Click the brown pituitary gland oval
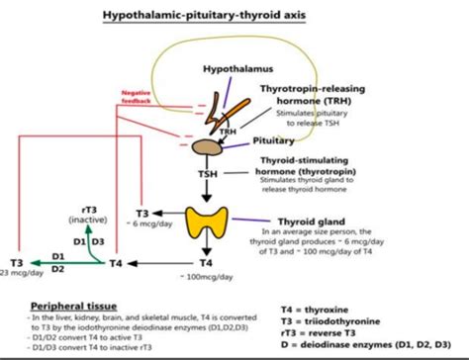tap(207, 145)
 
